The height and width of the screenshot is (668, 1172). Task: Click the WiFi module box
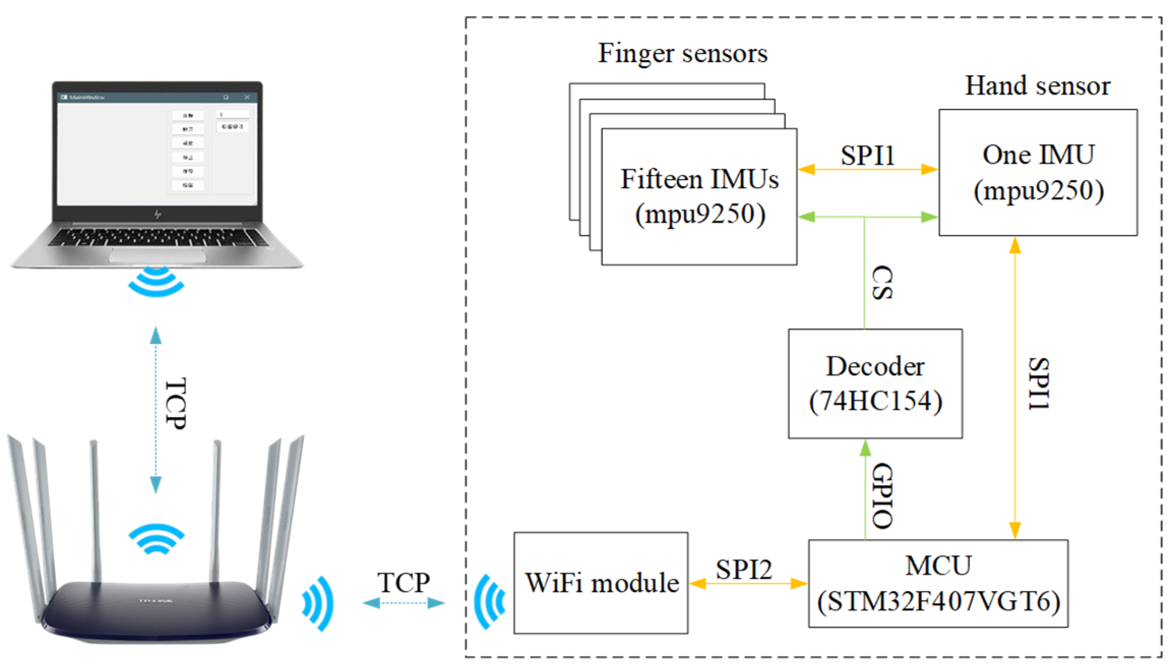601,583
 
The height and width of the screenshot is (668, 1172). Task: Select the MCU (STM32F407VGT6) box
938,584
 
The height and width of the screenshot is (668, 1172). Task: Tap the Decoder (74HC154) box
875,384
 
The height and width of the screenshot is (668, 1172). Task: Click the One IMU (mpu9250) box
1037,172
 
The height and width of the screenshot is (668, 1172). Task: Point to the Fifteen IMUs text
699,179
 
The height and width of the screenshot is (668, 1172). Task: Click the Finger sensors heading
682,53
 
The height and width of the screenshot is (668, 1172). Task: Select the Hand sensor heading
1037,86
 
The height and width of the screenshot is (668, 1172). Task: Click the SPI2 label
744,569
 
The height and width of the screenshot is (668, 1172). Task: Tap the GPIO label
883,496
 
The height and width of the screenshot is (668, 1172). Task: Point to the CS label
882,283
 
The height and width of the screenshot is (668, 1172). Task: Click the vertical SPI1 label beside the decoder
1038,384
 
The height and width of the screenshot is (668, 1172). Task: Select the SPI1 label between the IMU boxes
867,156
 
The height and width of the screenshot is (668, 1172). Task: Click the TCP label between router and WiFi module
403,583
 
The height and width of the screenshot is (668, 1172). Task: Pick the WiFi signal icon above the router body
156,539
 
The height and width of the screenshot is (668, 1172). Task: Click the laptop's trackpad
158,255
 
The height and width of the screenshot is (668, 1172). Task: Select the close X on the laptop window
247,97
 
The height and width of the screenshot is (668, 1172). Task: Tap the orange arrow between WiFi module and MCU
748,584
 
